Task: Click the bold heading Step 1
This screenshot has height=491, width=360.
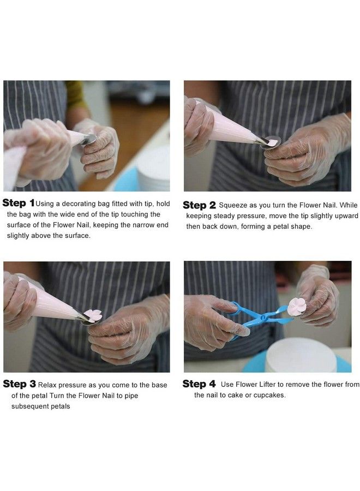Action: click(x=19, y=203)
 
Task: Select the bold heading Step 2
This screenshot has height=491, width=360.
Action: click(x=199, y=205)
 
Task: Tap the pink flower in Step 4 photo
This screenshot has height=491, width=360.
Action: click(x=297, y=306)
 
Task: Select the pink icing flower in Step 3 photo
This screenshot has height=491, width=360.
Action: click(x=93, y=315)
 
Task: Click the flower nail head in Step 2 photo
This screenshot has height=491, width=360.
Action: click(x=271, y=142)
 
